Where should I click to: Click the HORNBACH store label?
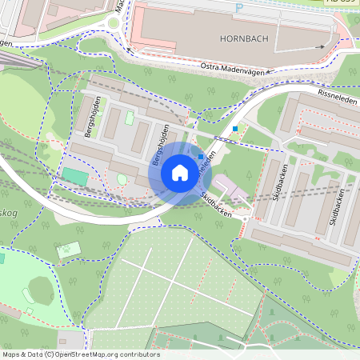tap(240, 38)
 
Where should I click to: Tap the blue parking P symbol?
tap(239, 8)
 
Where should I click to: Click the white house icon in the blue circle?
tap(180, 171)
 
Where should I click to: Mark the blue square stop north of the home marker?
tap(235, 128)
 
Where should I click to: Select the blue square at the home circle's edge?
tap(201, 157)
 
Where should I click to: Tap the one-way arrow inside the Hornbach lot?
tap(319, 46)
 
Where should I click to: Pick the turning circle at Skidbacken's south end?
tap(258, 217)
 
